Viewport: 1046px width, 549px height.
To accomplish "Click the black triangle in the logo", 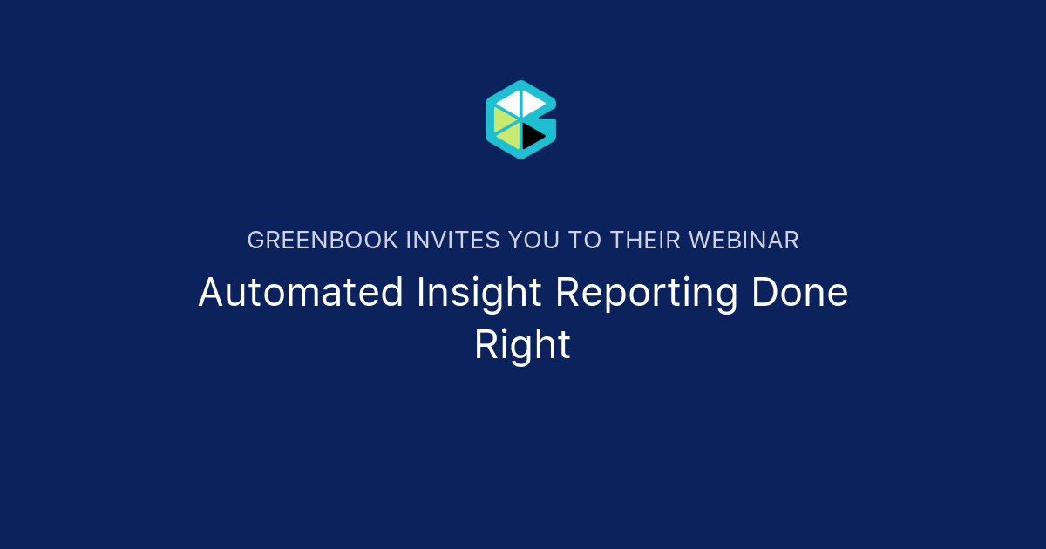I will point(532,134).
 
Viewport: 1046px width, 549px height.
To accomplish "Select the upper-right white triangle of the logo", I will point(532,102).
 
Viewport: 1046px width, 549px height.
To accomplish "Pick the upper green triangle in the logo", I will point(503,119).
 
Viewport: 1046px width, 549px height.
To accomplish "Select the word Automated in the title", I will point(301,293).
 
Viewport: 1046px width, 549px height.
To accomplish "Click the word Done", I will point(799,293).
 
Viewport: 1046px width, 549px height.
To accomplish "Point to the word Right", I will point(522,345).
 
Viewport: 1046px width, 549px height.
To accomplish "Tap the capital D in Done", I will point(763,293).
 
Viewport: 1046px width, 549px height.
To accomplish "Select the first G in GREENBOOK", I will point(255,241).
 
